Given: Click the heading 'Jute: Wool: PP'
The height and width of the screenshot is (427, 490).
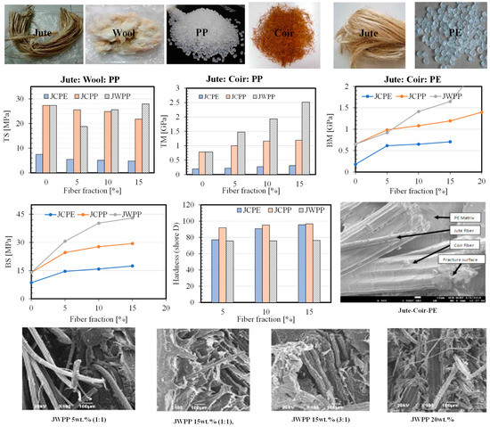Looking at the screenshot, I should pos(98,77).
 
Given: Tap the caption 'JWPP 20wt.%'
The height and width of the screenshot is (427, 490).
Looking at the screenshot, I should pos(424,415).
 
